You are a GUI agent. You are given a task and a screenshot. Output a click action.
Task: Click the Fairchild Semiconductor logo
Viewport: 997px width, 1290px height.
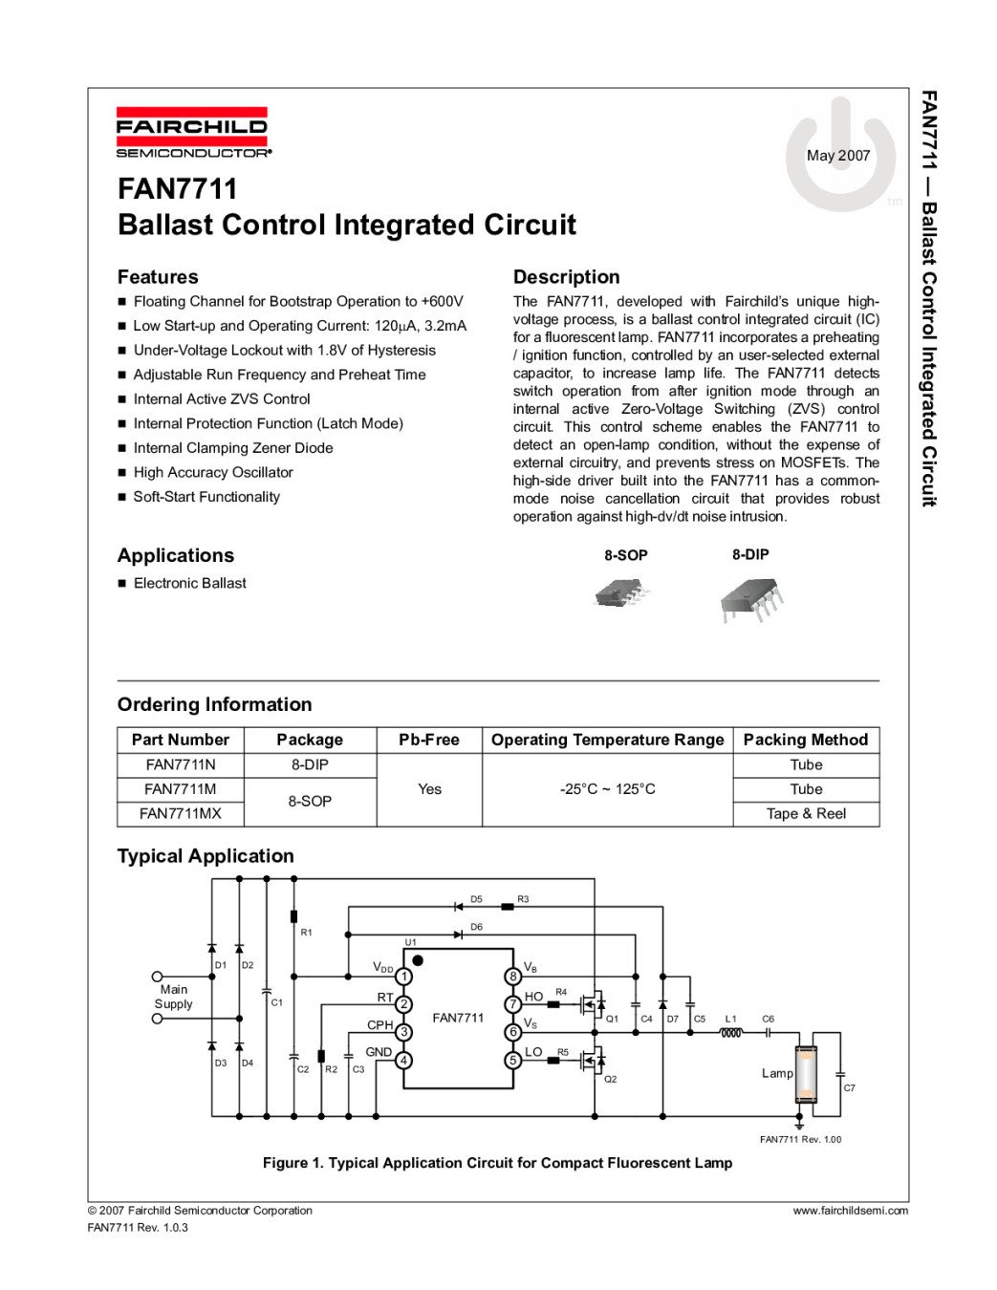[x=192, y=132]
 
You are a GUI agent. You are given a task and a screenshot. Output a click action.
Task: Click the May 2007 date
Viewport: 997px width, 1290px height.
[x=837, y=156]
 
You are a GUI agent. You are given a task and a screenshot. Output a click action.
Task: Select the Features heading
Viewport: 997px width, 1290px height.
[x=158, y=277]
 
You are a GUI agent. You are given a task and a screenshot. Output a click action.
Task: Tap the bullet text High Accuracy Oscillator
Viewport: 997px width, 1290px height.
[x=213, y=472]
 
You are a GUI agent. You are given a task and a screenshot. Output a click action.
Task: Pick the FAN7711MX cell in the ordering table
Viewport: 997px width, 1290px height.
[x=180, y=813]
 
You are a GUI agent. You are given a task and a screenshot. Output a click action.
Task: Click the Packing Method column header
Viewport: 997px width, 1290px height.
[x=805, y=740]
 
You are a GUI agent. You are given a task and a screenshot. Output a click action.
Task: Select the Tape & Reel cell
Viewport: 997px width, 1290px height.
[x=805, y=813]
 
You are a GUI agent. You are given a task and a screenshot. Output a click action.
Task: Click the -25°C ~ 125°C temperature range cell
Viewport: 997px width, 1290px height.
[x=607, y=789]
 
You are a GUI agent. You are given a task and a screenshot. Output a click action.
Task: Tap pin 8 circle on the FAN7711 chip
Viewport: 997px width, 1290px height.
[x=513, y=976]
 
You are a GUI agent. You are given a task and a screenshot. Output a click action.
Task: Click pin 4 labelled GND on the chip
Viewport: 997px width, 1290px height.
[x=404, y=1060]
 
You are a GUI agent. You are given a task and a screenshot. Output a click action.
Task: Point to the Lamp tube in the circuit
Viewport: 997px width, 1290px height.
[x=805, y=1074]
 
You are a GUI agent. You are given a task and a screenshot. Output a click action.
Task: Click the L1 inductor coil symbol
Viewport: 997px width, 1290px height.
[x=731, y=1033]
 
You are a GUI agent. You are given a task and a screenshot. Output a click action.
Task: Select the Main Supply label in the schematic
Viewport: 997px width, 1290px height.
[x=173, y=997]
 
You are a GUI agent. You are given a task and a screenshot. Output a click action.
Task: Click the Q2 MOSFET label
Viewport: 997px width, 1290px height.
[x=610, y=1079]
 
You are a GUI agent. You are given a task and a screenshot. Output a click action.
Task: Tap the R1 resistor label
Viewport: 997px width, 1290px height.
[x=306, y=932]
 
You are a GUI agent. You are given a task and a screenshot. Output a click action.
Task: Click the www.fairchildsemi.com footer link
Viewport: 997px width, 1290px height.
[x=850, y=1211]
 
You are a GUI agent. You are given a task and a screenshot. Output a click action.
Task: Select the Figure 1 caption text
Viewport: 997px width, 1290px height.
[x=497, y=1163]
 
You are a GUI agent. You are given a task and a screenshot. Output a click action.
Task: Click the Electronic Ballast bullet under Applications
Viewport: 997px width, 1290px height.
[x=189, y=583]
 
